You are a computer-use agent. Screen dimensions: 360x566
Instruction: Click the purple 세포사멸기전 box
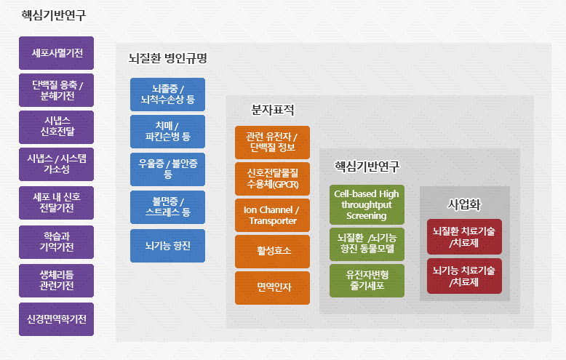57,53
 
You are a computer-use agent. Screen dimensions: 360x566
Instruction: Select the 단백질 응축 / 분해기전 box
57,91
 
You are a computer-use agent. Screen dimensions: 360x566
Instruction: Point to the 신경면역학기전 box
57,319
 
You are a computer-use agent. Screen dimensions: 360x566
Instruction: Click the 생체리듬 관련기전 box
57,280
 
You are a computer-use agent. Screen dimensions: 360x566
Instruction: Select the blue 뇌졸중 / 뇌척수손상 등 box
168,94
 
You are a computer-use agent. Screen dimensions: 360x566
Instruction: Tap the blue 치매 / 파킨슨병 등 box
168,132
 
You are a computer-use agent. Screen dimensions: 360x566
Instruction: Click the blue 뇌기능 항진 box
168,246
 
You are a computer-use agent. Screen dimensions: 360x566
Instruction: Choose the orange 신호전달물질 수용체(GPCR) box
272,179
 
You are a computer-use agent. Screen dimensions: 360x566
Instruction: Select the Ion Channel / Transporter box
272,215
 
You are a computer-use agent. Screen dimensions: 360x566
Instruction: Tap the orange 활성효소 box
272,251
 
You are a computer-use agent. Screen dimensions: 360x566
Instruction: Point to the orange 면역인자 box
272,287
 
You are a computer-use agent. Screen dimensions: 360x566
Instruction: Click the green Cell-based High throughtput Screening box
367,204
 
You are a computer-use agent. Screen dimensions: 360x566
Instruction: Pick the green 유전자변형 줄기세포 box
367,280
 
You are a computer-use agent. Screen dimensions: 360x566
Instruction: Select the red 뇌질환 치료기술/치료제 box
464,236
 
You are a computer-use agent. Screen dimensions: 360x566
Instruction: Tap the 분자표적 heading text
272,111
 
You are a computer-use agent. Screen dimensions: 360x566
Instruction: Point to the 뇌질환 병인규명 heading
167,58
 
